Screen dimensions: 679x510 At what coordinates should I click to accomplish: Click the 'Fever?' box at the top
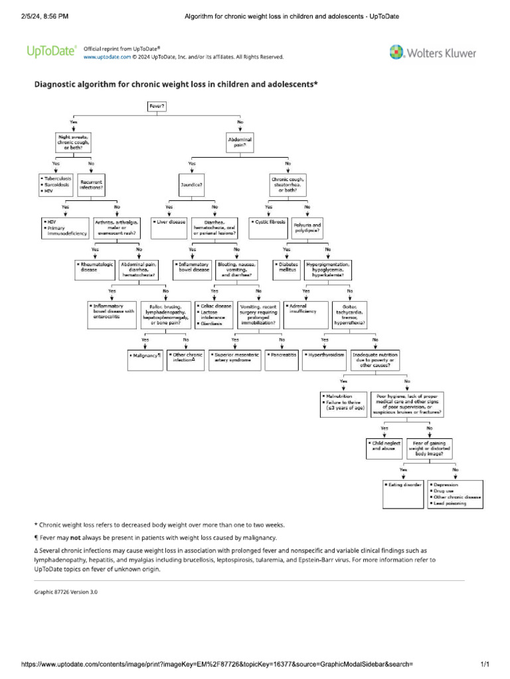point(157,106)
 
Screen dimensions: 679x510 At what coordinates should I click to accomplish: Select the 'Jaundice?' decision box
point(192,184)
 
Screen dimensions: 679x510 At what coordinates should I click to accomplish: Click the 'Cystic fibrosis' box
point(269,222)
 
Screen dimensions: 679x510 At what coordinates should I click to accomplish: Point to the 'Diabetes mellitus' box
point(288,267)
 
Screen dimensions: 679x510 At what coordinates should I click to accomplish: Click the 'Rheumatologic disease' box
point(96,267)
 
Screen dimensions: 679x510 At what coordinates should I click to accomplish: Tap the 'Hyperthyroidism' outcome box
point(325,355)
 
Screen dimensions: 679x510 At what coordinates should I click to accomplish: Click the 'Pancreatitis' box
point(282,355)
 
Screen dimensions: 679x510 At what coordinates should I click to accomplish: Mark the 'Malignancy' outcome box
point(145,355)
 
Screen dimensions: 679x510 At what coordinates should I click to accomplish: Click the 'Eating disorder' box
point(404,485)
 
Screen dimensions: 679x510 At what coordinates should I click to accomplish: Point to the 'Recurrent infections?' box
point(92,184)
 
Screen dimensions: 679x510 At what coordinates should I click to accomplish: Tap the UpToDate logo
point(51,51)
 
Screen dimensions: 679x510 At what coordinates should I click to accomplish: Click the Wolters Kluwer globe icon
point(396,52)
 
